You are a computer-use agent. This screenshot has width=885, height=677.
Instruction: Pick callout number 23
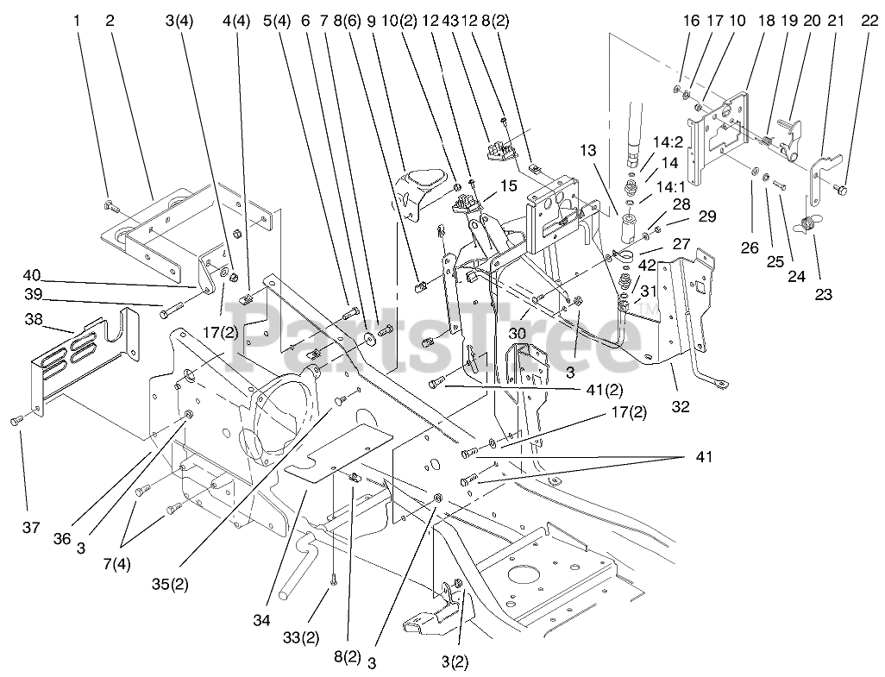click(x=824, y=293)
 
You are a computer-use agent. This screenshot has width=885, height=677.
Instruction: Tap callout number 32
click(x=681, y=407)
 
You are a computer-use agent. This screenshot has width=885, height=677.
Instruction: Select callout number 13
click(x=588, y=151)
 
